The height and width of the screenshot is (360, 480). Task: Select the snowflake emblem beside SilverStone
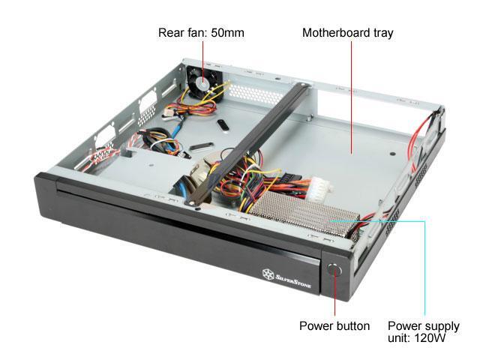click(x=266, y=272)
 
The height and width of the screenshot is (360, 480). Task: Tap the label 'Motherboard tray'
click(x=347, y=33)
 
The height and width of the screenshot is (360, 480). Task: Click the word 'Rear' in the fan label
click(x=170, y=33)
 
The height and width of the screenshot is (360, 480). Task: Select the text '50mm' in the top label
click(x=229, y=33)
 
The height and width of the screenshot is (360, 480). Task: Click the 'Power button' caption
click(x=334, y=325)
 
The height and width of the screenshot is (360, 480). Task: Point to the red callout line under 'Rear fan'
click(x=202, y=56)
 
